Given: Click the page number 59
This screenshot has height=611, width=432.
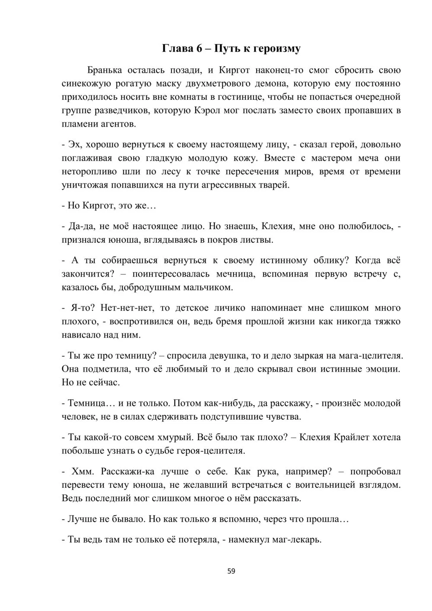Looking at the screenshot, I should point(231,571).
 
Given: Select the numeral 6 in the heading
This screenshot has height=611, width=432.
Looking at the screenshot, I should point(199,48).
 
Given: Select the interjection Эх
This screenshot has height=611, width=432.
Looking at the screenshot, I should point(74,145).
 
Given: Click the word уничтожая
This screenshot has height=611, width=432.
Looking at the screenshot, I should point(82,185).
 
